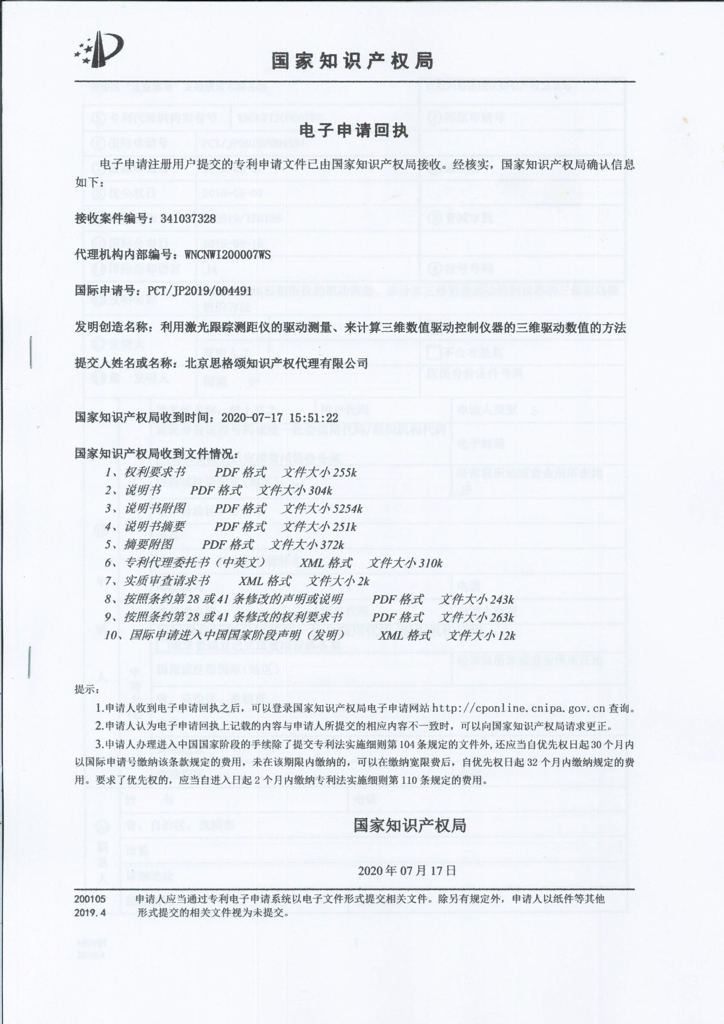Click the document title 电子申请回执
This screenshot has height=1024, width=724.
tap(353, 130)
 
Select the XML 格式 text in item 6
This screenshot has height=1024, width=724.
tap(326, 563)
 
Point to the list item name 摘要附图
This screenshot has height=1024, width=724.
tap(149, 545)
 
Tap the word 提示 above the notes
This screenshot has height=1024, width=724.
tap(86, 689)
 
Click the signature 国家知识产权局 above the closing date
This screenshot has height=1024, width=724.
tap(410, 825)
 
